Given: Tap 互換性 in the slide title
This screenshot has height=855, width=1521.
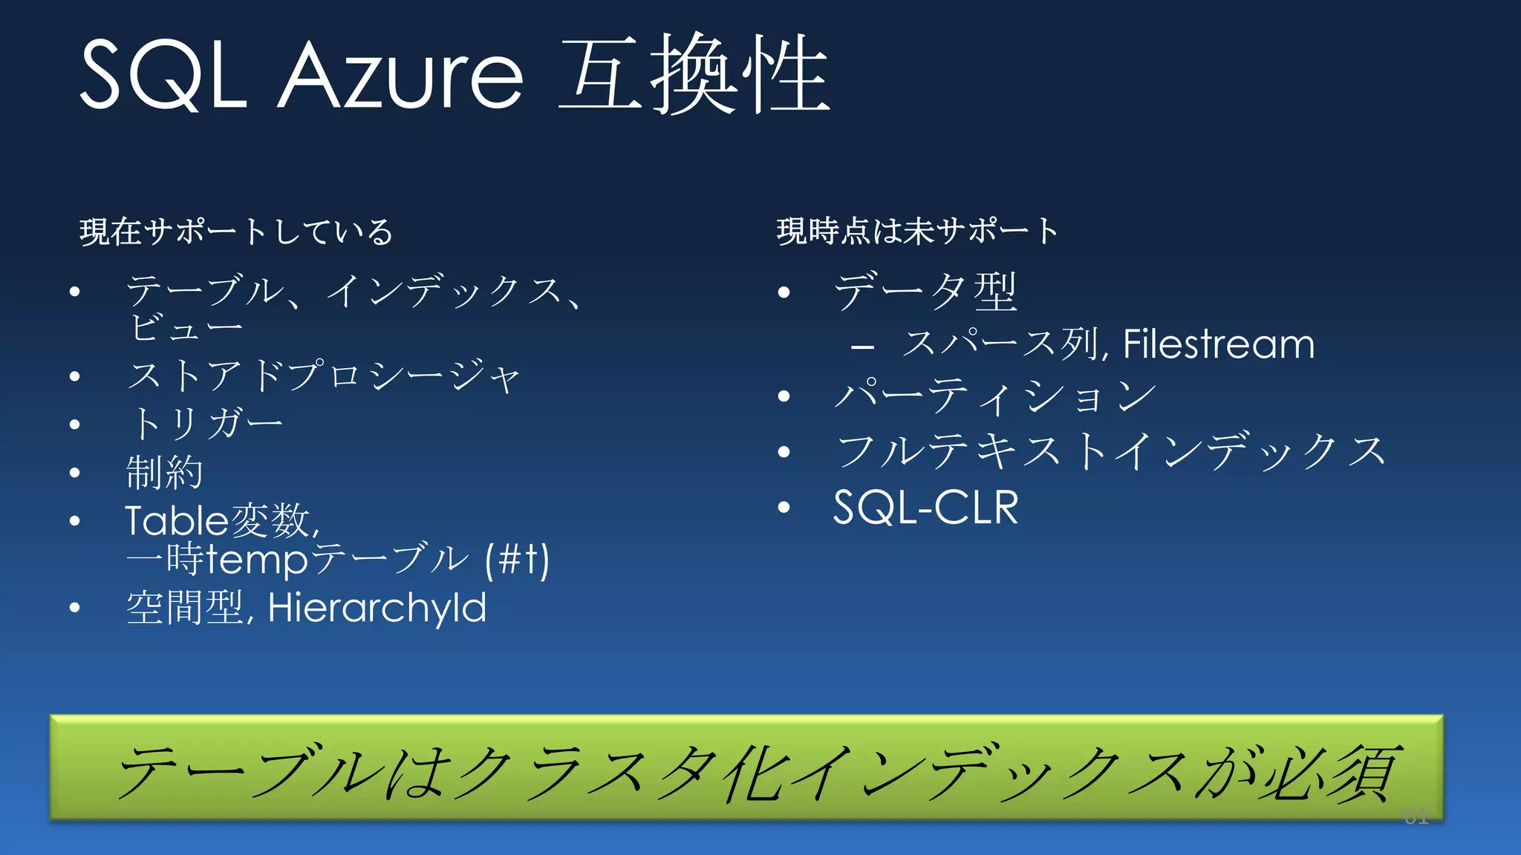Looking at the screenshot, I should click(694, 74).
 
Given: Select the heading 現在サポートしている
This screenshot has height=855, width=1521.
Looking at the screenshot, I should click(236, 232).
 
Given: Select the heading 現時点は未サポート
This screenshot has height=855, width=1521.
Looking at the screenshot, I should click(917, 231).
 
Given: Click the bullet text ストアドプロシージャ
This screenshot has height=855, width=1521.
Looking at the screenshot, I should click(324, 376).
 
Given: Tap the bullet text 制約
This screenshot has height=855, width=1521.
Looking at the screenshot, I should click(164, 472).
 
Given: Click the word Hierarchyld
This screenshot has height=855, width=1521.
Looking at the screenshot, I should click(377, 608).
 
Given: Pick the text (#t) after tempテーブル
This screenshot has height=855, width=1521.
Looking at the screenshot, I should click(517, 560).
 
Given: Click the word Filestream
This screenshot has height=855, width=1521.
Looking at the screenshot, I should click(1218, 344).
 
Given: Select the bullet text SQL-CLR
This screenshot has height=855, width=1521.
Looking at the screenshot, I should click(925, 508).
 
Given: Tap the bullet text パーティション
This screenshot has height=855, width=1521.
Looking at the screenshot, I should click(995, 396).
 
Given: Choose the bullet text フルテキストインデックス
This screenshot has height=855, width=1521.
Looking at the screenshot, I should click(1111, 451).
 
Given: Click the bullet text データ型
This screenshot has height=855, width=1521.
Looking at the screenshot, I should click(925, 291).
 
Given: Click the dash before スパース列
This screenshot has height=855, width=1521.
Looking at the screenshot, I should click(862, 346).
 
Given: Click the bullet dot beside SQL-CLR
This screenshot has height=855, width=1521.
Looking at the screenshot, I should click(784, 508).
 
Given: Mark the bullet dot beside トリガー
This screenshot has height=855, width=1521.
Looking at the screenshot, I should click(74, 425).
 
